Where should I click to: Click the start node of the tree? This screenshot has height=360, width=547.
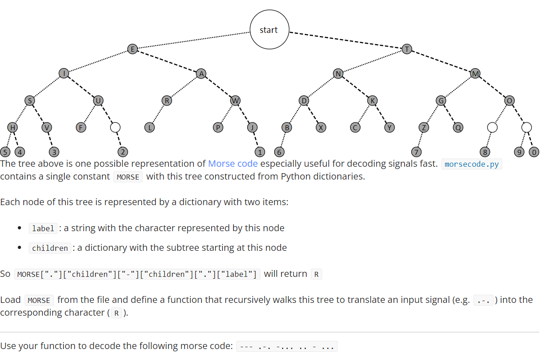(269, 30)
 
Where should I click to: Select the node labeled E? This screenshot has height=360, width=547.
(133, 49)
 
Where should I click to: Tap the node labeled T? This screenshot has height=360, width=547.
(407, 49)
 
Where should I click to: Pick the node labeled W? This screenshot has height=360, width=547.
(235, 101)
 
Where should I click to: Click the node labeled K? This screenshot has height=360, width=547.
(372, 101)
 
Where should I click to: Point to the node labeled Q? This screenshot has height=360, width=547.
(458, 127)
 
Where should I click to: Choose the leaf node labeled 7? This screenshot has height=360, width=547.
(415, 152)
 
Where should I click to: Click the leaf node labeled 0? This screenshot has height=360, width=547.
(533, 152)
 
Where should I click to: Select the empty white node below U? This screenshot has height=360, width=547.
(115, 127)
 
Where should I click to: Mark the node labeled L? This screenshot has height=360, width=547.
(149, 127)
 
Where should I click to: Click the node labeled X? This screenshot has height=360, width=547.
(321, 127)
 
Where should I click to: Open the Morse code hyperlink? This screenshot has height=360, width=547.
(233, 164)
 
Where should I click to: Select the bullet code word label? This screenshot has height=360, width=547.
(43, 228)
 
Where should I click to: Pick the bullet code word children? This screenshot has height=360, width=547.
(50, 248)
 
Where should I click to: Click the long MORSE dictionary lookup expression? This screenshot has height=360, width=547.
(137, 274)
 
